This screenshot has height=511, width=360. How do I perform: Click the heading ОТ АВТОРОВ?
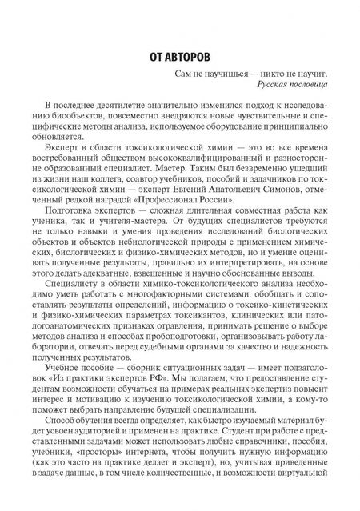[x=179, y=58]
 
